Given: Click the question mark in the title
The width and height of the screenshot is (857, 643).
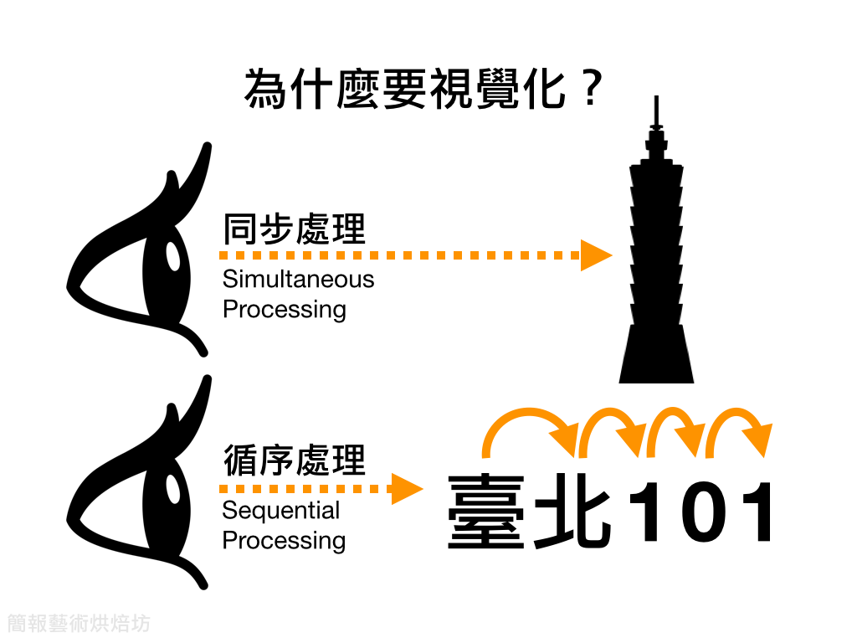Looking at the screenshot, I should (591, 89).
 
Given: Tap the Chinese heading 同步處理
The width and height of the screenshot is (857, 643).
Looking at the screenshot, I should (295, 229).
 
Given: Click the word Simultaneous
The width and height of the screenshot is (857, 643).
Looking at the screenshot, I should (298, 279).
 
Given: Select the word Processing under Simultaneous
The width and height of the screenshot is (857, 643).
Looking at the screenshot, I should (284, 310).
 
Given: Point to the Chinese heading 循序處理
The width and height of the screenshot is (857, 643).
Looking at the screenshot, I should (295, 460).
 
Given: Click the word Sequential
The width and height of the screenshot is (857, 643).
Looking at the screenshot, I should (280, 511).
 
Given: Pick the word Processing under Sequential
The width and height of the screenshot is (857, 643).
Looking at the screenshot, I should (284, 541).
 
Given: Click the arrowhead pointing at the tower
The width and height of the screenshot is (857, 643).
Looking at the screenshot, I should (596, 255).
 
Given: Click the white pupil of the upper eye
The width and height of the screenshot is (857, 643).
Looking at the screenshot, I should (173, 256).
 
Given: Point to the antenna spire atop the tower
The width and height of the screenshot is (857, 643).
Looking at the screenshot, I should (657, 112).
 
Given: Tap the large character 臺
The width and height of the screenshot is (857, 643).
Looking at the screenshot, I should (486, 512).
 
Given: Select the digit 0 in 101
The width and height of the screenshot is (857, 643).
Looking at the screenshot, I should (704, 512).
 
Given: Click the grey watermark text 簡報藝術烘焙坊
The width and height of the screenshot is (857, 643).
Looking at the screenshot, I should (79, 624).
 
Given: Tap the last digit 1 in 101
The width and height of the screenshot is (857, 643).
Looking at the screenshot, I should (758, 512).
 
